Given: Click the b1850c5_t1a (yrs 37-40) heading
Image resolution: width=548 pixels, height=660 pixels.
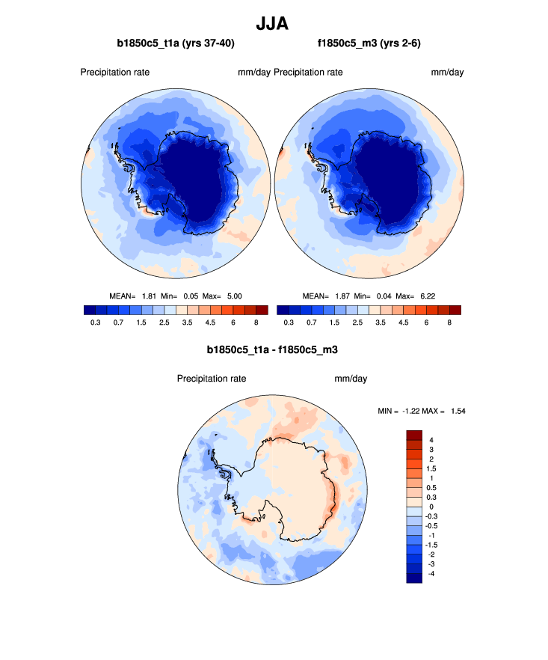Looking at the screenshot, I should (176, 44).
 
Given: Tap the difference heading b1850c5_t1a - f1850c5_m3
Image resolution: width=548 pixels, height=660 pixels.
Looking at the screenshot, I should (273, 349).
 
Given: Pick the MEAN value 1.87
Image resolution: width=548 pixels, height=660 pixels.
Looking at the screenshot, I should (342, 296).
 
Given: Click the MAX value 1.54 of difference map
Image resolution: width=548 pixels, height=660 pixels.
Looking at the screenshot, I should (456, 411).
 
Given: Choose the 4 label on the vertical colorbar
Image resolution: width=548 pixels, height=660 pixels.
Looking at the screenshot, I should (431, 439).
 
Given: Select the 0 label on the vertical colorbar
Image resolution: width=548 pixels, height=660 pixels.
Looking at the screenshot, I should (431, 507).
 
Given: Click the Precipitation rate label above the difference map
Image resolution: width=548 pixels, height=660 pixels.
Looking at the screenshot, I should (212, 379).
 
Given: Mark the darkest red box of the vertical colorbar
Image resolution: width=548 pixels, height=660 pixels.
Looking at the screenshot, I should (415, 435).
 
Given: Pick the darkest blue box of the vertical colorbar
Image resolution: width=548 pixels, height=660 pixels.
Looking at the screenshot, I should (415, 578).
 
